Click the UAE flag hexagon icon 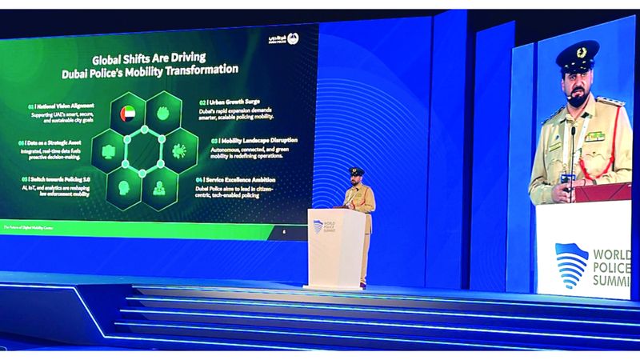(x=128, y=114)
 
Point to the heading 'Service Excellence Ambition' (x=236, y=181)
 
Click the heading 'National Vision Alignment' (x=62, y=105)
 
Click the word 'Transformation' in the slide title (x=194, y=70)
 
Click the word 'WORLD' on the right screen (x=616, y=255)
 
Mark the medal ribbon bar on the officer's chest (x=594, y=136)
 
